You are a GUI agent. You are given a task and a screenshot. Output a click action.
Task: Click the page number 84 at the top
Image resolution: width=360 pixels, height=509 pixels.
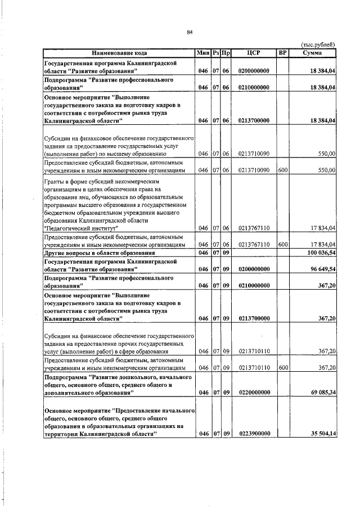(190, 32)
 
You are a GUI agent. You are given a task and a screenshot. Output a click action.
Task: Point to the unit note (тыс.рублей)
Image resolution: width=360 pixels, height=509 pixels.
(318, 44)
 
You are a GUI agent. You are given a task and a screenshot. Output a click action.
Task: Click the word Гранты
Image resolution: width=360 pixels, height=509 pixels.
(55, 182)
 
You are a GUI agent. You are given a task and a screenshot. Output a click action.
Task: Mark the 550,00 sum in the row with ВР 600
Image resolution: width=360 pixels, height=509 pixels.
(326, 169)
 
